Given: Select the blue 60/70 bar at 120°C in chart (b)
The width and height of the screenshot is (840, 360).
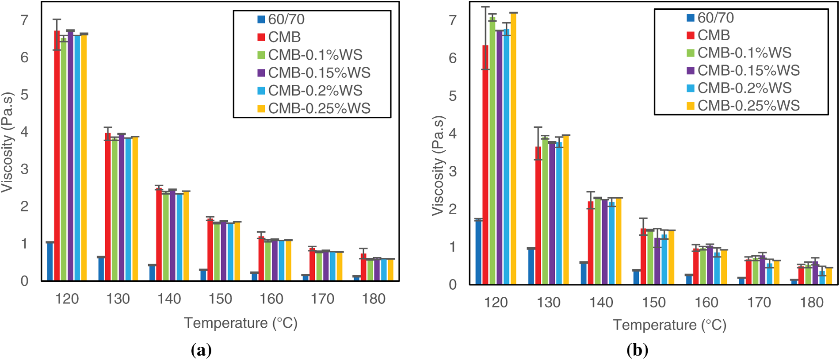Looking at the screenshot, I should click(478, 252).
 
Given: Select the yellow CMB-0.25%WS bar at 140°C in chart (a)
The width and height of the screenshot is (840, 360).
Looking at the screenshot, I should click(186, 236).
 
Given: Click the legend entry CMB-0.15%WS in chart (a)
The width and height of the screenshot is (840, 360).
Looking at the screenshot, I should click(314, 73).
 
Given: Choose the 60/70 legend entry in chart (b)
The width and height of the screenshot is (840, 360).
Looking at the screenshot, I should click(710, 18).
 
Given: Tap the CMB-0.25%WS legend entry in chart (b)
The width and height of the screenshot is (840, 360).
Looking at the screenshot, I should click(743, 106).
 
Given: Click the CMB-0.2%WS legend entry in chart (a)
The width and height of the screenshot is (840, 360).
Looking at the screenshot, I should click(310, 91).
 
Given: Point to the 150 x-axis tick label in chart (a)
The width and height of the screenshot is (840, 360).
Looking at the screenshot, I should click(220, 299).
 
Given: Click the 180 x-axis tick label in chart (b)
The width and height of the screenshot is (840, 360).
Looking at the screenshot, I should click(812, 303).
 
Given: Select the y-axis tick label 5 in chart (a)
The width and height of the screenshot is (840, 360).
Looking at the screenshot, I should click(24, 95).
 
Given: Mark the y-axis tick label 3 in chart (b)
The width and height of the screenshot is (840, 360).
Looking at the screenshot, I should click(452, 172).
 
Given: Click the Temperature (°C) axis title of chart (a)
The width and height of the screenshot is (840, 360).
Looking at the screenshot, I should click(241, 323).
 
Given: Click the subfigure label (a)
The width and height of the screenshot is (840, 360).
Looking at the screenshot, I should click(201, 350).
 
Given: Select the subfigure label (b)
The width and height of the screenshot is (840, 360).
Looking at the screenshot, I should click(637, 350).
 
